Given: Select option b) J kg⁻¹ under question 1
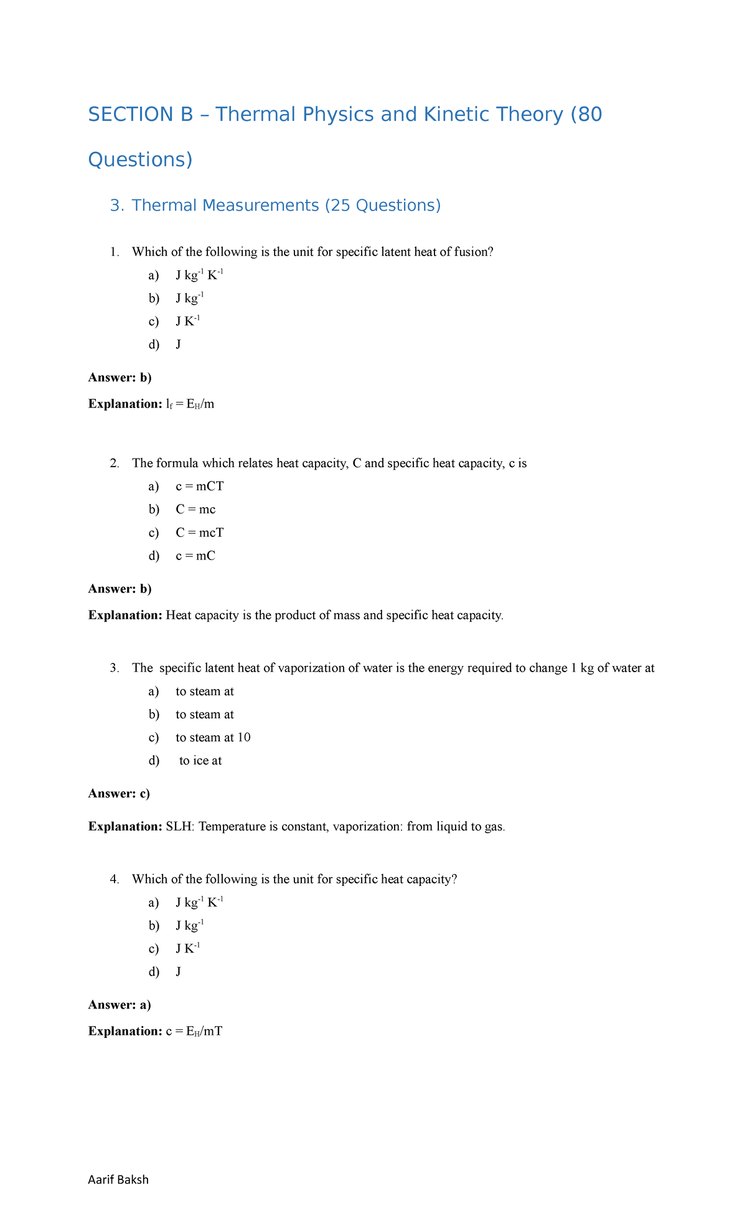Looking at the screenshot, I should pyautogui.click(x=189, y=298).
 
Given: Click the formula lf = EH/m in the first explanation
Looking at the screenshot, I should pyautogui.click(x=190, y=404).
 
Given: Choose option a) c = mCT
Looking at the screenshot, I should pyautogui.click(x=199, y=487).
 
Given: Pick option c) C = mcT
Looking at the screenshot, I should pyautogui.click(x=199, y=533).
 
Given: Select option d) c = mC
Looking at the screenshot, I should pyautogui.click(x=195, y=556).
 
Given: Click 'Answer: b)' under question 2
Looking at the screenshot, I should pyautogui.click(x=120, y=589).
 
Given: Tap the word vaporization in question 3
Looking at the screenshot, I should pyautogui.click(x=311, y=668).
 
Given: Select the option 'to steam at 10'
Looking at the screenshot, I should pyautogui.click(x=213, y=738).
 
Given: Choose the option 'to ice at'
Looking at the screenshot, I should pyautogui.click(x=200, y=761).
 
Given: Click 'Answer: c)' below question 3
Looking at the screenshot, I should pyautogui.click(x=119, y=794).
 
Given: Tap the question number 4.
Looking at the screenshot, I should pyautogui.click(x=114, y=880).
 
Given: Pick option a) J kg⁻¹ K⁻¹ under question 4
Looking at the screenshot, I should pyautogui.click(x=199, y=903).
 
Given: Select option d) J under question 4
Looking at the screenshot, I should pyautogui.click(x=179, y=972).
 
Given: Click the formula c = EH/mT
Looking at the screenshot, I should pyautogui.click(x=194, y=1032).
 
